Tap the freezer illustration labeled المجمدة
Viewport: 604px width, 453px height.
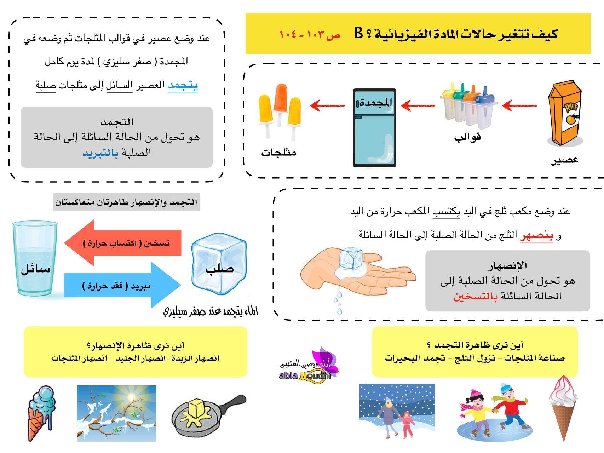pyautogui.click(x=374, y=127)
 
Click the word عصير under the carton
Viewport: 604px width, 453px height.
pyautogui.click(x=565, y=160)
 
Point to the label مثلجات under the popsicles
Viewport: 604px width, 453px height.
pyautogui.click(x=279, y=153)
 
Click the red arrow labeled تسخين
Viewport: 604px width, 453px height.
pyautogui.click(x=124, y=243)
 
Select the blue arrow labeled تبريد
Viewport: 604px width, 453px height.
pyautogui.click(x=122, y=285)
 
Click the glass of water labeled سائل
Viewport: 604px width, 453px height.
pyautogui.click(x=35, y=258)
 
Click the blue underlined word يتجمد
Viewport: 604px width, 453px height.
pyautogui.click(x=183, y=85)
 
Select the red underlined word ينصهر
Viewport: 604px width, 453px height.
pyautogui.click(x=536, y=235)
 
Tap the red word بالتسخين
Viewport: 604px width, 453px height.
pyautogui.click(x=476, y=296)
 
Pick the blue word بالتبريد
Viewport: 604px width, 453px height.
pyautogui.click(x=100, y=153)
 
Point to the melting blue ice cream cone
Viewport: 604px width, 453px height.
pyautogui.click(x=41, y=412)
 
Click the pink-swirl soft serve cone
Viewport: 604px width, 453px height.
pyautogui.click(x=563, y=407)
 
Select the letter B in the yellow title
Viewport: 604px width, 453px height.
pyautogui.click(x=359, y=33)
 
